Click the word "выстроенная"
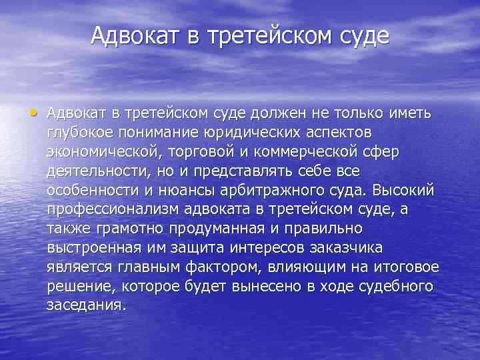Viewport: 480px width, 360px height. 93,248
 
